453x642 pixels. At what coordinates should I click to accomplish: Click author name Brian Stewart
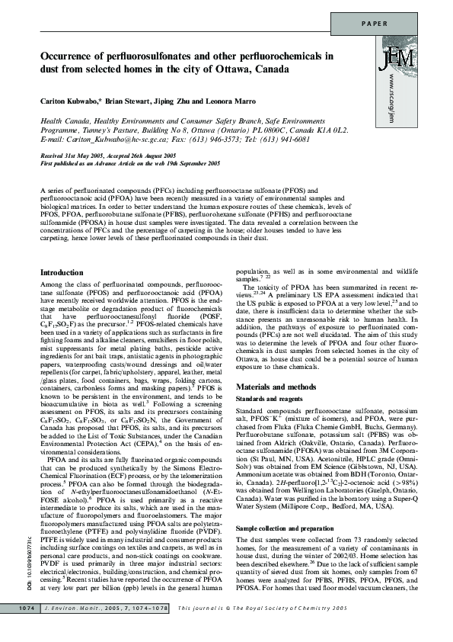(134, 101)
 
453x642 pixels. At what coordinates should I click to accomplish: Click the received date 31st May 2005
(90, 155)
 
